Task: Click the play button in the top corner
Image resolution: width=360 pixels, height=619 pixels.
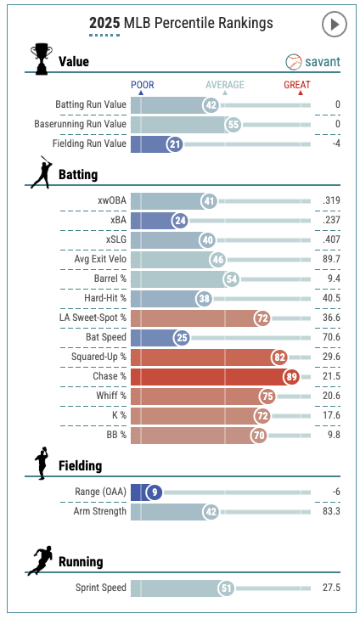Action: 334,25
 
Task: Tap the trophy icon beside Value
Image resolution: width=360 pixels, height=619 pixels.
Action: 42,59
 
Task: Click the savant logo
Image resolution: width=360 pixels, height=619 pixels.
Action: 312,62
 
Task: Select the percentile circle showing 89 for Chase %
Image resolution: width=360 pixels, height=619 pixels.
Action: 291,377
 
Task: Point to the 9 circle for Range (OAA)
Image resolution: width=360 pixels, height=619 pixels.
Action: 155,492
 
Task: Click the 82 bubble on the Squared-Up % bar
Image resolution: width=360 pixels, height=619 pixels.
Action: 279,357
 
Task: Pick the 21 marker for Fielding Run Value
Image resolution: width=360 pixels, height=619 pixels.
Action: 175,144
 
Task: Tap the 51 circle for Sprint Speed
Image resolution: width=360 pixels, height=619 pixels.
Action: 226,588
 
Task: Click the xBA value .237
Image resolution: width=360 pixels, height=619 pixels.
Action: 331,220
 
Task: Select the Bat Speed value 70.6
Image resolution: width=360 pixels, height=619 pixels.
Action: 331,337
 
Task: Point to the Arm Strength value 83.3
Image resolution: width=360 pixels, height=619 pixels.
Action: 331,511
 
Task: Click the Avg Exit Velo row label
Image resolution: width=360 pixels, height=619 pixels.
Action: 100,259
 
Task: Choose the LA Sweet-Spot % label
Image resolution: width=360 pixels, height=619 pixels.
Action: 93,318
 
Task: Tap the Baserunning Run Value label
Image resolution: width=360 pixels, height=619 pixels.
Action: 80,124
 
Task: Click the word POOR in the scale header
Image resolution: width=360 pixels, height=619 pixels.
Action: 143,84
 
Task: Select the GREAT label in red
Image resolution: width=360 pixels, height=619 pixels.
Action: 297,84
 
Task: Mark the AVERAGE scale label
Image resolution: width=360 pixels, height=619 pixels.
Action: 225,84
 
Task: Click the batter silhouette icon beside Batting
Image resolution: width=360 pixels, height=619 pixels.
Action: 42,172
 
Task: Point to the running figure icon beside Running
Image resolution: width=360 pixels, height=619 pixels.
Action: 40,560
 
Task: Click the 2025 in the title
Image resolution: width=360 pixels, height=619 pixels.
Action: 104,23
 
